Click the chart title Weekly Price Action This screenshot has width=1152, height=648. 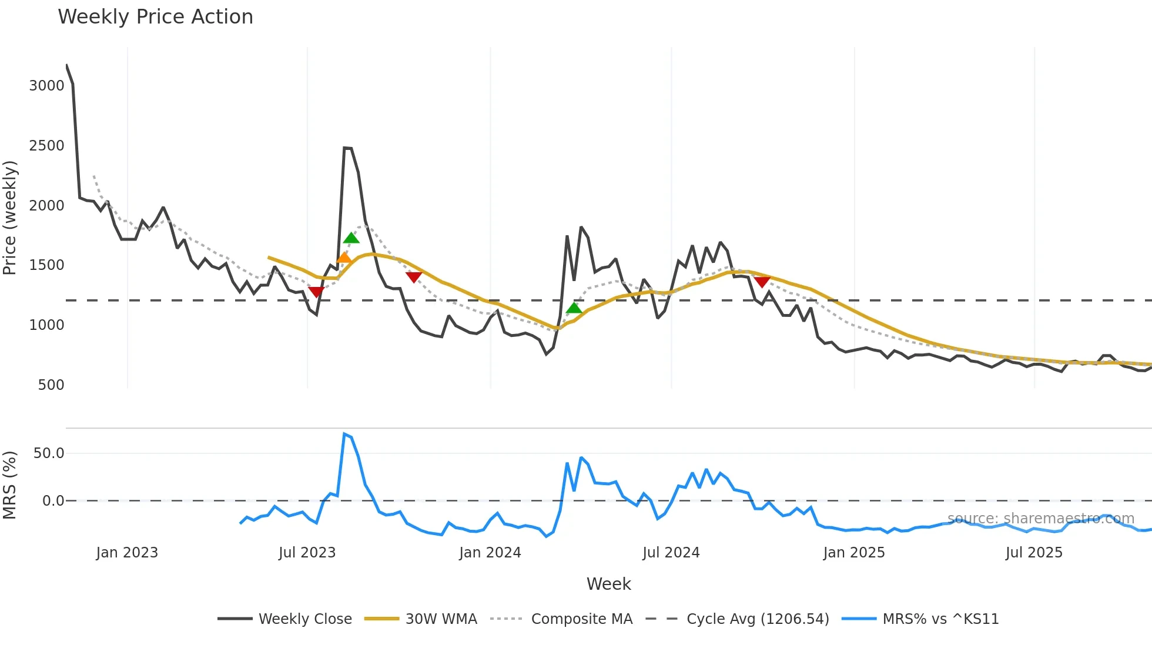coord(155,17)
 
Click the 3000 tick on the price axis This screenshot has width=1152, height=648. coord(46,86)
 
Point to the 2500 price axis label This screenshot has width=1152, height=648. coord(46,146)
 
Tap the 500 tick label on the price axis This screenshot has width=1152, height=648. coord(51,385)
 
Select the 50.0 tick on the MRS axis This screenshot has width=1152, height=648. coord(48,453)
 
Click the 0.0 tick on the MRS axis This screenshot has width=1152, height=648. coord(53,501)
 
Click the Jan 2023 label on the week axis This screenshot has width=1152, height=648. coord(127,553)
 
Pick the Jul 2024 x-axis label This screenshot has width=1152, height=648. coord(671,553)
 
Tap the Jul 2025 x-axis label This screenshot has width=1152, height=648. coord(1034,553)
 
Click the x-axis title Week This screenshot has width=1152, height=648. coord(608,584)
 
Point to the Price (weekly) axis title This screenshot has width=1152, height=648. coord(10,218)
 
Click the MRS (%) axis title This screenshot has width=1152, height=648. coord(10,485)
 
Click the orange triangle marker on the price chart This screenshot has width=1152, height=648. coord(344,258)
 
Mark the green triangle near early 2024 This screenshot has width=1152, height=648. coord(574,308)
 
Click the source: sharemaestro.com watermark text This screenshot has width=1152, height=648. coord(1040,519)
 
